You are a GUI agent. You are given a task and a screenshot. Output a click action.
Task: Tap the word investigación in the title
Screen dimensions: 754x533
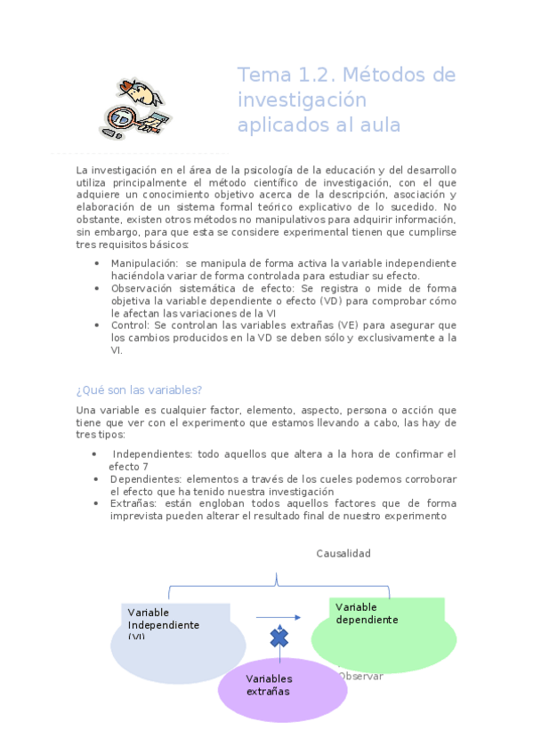pyautogui.click(x=289, y=100)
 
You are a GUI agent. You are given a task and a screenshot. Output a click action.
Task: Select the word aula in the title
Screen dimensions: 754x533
pyautogui.click(x=380, y=125)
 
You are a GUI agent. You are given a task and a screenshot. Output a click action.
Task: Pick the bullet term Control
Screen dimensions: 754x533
pyautogui.click(x=130, y=325)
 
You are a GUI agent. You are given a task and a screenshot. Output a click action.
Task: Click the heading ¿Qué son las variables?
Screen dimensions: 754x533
pyautogui.click(x=139, y=389)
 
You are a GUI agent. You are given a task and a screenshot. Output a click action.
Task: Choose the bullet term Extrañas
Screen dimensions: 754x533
pyautogui.click(x=133, y=503)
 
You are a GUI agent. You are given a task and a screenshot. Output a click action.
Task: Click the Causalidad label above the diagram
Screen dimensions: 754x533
pyautogui.click(x=343, y=553)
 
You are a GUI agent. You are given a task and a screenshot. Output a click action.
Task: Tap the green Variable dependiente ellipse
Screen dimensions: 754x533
pyautogui.click(x=384, y=633)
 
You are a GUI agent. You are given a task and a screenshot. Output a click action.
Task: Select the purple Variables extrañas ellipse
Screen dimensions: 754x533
pyautogui.click(x=281, y=686)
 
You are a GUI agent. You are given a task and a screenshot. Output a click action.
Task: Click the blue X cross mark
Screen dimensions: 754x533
pyautogui.click(x=279, y=638)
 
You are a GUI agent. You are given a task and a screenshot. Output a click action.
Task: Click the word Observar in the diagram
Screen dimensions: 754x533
pyautogui.click(x=360, y=676)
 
